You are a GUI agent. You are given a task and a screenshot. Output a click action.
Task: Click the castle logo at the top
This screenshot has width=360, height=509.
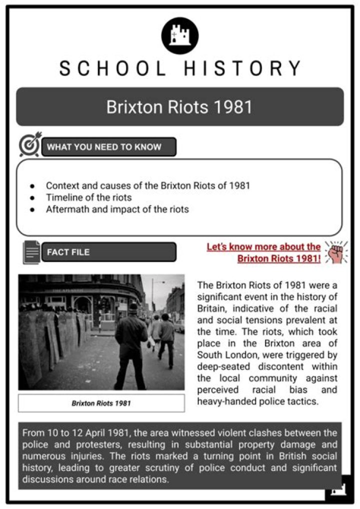(179, 35)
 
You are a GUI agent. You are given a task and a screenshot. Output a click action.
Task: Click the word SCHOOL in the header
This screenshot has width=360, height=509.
(112, 69)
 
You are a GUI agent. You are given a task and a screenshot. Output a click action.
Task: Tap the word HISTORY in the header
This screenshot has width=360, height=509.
(241, 69)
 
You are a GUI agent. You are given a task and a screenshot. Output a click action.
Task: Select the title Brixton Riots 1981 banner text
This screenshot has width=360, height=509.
(179, 107)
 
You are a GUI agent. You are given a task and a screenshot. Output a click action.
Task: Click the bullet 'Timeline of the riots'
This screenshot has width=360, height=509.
(89, 197)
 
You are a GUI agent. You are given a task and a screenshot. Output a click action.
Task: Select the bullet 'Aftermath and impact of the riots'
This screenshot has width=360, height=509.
(117, 209)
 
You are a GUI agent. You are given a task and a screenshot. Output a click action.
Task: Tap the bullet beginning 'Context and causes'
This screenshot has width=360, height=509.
(147, 185)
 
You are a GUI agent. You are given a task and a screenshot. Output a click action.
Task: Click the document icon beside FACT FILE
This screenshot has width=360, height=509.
(30, 253)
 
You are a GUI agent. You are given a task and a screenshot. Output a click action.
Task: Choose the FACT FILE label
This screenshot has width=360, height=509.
(68, 252)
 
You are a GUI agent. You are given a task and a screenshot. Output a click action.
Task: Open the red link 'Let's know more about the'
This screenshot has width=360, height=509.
(263, 246)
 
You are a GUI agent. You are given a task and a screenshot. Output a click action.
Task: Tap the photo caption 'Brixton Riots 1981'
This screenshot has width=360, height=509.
(101, 403)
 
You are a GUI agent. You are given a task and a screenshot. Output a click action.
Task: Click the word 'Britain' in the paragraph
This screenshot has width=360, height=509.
(212, 308)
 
